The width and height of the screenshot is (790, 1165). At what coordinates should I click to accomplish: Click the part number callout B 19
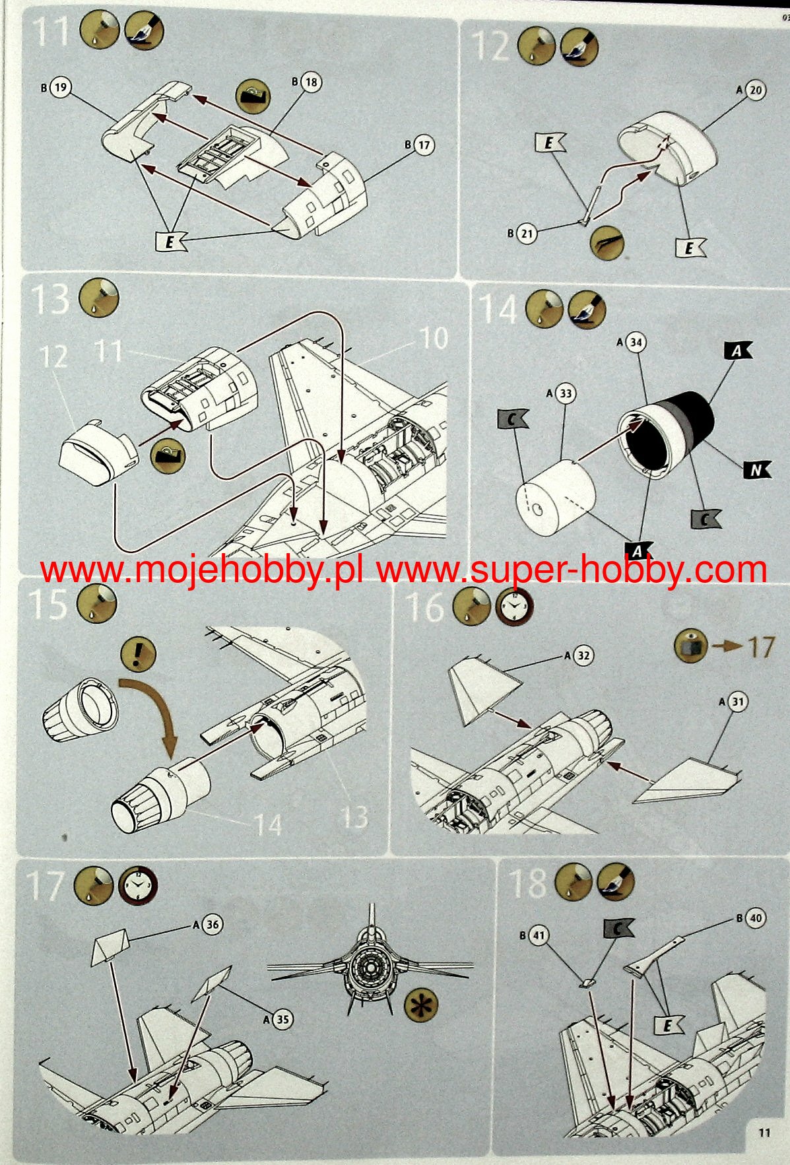pos(61,87)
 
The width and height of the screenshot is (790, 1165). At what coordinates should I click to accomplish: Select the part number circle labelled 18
pos(311,82)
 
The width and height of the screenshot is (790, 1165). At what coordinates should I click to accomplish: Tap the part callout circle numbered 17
pos(424,145)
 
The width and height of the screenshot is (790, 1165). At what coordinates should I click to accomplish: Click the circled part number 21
pos(526,233)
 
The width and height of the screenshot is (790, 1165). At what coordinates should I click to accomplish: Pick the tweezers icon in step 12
pos(607,242)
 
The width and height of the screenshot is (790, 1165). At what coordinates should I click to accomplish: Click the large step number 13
pos(51,300)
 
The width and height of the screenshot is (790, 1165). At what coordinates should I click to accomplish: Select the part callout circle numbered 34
pos(636,343)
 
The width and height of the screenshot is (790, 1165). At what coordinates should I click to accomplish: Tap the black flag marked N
pos(756,470)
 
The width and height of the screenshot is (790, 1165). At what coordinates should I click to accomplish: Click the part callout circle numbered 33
pos(566,394)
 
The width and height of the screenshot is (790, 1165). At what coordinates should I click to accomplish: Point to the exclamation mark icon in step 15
pos(138,655)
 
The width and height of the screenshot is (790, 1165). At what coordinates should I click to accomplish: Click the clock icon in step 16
pos(513,608)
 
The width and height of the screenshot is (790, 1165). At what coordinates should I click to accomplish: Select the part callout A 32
pos(583,655)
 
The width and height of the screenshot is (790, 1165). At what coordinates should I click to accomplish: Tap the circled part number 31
pos(737,702)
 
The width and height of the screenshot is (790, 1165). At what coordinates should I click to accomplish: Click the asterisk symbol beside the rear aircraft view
pos(421,1005)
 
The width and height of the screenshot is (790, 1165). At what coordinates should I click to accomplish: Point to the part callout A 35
pos(282,1019)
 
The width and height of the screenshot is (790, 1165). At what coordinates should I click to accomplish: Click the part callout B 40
pos(755,918)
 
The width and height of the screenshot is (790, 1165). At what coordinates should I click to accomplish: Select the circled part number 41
pos(539,935)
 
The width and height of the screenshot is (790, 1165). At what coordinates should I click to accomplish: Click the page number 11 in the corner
pos(764,1132)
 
